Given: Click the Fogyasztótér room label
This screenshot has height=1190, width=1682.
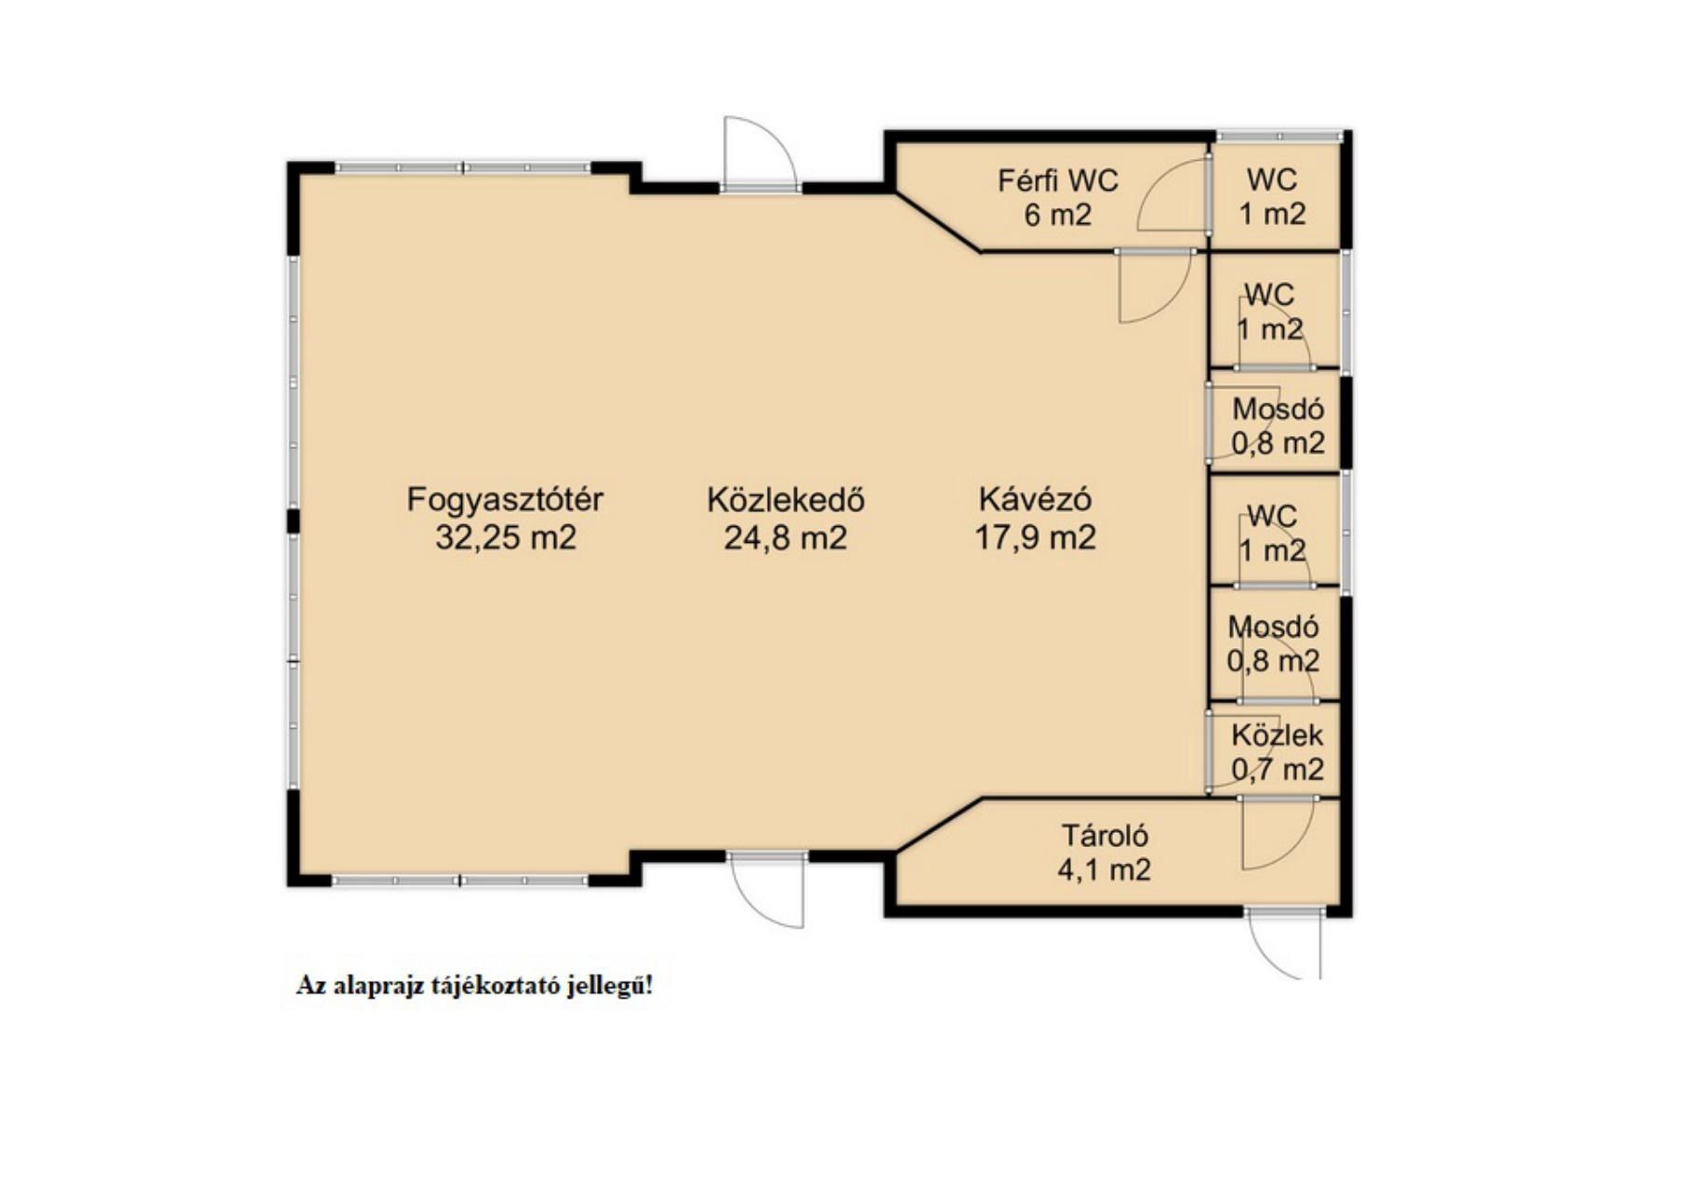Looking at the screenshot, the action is click(x=505, y=500).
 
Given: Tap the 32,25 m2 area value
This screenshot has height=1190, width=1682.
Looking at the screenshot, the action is click(x=506, y=537).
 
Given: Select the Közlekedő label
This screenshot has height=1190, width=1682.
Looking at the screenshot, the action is click(x=786, y=500).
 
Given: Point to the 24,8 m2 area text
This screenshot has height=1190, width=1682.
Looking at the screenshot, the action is click(x=786, y=537).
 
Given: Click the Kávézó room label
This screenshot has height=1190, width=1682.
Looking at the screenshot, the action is click(x=1035, y=499).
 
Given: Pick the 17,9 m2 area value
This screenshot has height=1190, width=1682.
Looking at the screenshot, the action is click(x=1035, y=537).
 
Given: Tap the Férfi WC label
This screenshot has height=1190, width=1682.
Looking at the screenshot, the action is click(x=1058, y=179).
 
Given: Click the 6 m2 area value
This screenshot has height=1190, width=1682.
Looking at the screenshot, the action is click(x=1058, y=215).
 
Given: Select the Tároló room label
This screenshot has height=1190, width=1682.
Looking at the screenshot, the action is click(x=1104, y=835).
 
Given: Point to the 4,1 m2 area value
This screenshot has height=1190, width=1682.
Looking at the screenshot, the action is click(x=1104, y=869).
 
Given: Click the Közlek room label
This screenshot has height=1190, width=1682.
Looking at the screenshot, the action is click(x=1278, y=735).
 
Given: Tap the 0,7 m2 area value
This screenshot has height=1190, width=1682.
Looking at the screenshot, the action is click(x=1278, y=770).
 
